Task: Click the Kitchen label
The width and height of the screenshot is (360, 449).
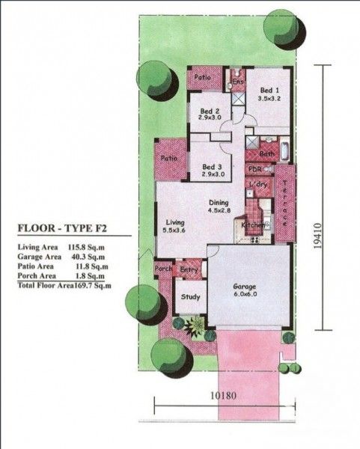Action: [251, 225]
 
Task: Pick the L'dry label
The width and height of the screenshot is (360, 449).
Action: [259, 184]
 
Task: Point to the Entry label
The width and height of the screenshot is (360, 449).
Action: [189, 269]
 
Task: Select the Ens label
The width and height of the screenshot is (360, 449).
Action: [238, 81]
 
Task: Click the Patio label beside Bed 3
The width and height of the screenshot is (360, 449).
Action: [168, 158]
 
